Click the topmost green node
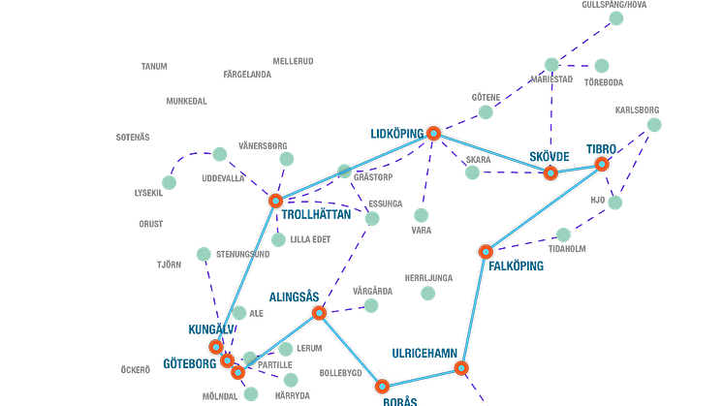coord(615,17)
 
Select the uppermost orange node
coord(433,133)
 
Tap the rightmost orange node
coord(602,165)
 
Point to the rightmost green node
coord(654,124)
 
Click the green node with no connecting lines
coord(427,293)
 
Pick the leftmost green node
coord(170,183)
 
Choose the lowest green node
coord(251,393)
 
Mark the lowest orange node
coord(383,387)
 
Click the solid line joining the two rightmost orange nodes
coord(577,170)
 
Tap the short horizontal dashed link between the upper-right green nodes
coord(577,66)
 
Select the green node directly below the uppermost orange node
coord(421,214)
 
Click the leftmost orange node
coord(216,347)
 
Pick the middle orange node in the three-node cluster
coord(227,360)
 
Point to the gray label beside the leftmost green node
coord(147,192)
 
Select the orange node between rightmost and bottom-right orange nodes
coord(486,252)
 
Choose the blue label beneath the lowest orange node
coord(397,399)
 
